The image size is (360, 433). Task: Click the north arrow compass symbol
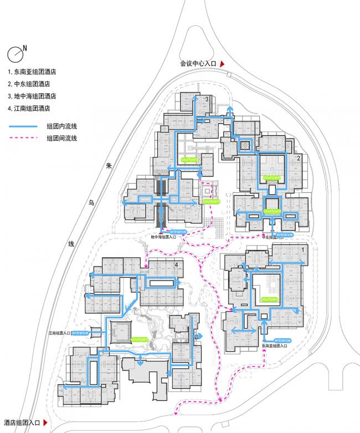(x=15, y=54)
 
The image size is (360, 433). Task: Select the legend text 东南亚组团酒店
(x=35, y=72)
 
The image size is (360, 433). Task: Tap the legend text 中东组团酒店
(x=32, y=84)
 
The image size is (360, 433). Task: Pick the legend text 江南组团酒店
(x=32, y=109)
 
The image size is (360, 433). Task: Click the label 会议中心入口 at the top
(x=198, y=64)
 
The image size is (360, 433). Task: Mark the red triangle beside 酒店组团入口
(x=45, y=423)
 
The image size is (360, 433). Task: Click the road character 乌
(x=92, y=203)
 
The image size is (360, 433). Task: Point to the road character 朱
(x=109, y=165)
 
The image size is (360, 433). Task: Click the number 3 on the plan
(x=207, y=99)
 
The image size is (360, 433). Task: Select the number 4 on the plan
(x=176, y=266)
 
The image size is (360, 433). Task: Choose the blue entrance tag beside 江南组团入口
(x=80, y=333)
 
